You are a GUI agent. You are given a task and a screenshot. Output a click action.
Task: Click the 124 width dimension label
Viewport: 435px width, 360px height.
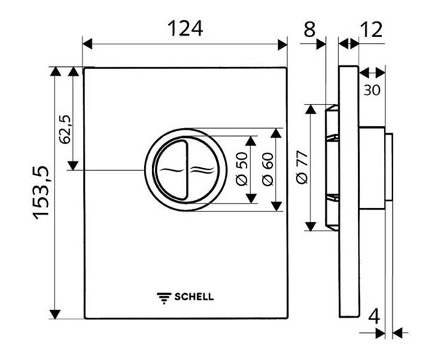[185, 28]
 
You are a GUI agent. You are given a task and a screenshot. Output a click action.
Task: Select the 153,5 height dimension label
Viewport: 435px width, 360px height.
[41, 193]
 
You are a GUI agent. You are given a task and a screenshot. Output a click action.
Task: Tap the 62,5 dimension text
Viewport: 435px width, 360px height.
[65, 129]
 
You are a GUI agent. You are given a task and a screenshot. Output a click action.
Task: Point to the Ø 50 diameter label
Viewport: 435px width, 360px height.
[242, 169]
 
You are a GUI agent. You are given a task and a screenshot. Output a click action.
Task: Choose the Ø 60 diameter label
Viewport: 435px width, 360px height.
[268, 169]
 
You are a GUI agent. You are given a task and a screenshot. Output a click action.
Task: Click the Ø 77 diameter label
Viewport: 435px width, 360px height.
[302, 167]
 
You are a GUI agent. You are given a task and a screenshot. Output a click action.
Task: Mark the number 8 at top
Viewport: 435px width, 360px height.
[310, 29]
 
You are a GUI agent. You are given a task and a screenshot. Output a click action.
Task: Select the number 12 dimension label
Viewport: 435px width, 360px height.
[372, 29]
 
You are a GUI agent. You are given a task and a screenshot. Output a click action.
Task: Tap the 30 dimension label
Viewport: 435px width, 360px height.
[372, 90]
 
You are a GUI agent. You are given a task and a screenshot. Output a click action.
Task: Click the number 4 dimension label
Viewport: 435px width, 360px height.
[374, 316]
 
